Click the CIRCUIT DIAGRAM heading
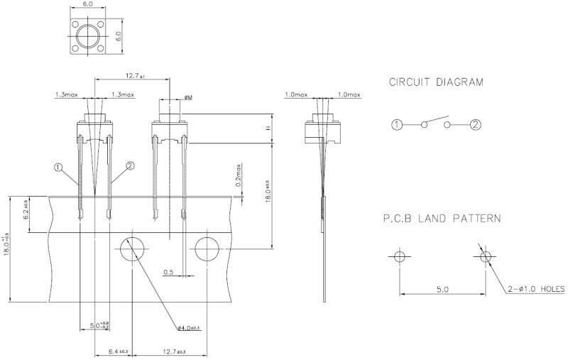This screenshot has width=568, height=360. click(436, 82)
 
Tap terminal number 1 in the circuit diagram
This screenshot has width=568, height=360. click(396, 125)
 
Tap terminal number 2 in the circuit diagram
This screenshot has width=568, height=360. click(476, 125)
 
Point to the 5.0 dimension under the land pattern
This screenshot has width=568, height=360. click(441, 289)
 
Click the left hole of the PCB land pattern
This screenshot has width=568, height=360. click(398, 256)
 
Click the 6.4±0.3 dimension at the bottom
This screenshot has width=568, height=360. click(117, 351)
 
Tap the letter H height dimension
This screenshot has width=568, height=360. click(268, 129)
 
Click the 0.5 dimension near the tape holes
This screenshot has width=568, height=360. click(168, 271)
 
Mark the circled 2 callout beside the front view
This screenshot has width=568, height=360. click(130, 166)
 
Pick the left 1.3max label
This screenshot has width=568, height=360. click(67, 94)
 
